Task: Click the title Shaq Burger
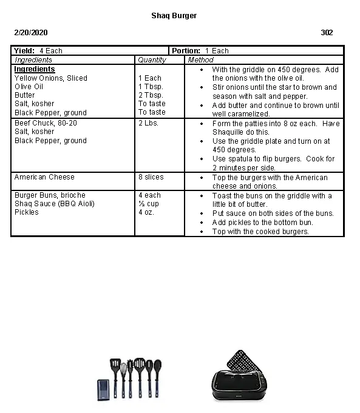(x=174, y=16)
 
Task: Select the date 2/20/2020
(x=31, y=33)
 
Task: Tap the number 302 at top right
(x=327, y=33)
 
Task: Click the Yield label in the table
(x=24, y=51)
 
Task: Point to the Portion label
(x=186, y=51)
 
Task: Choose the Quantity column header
(x=152, y=60)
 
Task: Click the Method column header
(x=200, y=60)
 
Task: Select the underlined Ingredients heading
(x=35, y=69)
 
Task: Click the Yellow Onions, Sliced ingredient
(x=51, y=78)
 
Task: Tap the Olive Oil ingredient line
(x=29, y=87)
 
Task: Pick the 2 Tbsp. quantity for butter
(x=151, y=95)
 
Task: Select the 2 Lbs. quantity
(x=148, y=123)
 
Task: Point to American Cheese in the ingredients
(x=44, y=177)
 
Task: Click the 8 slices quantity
(x=151, y=177)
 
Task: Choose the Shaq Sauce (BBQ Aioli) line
(x=55, y=204)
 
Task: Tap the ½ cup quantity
(x=148, y=204)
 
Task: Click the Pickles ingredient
(x=27, y=212)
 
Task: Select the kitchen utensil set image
(x=131, y=380)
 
